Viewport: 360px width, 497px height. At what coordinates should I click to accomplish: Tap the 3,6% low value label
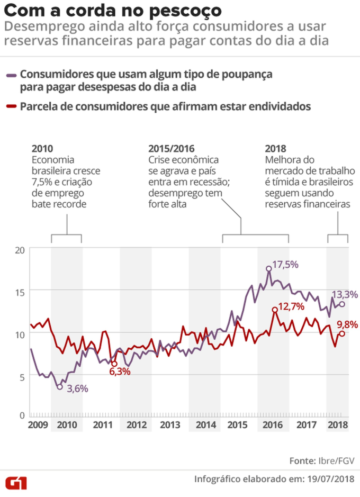(x=77, y=389)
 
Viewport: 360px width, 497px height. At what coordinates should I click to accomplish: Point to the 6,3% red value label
(x=120, y=372)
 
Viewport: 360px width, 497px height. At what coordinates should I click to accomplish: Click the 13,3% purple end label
(x=345, y=294)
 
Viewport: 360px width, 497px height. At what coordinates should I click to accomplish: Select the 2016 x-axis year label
(x=273, y=424)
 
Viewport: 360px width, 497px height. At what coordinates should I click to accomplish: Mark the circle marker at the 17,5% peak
(x=269, y=268)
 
